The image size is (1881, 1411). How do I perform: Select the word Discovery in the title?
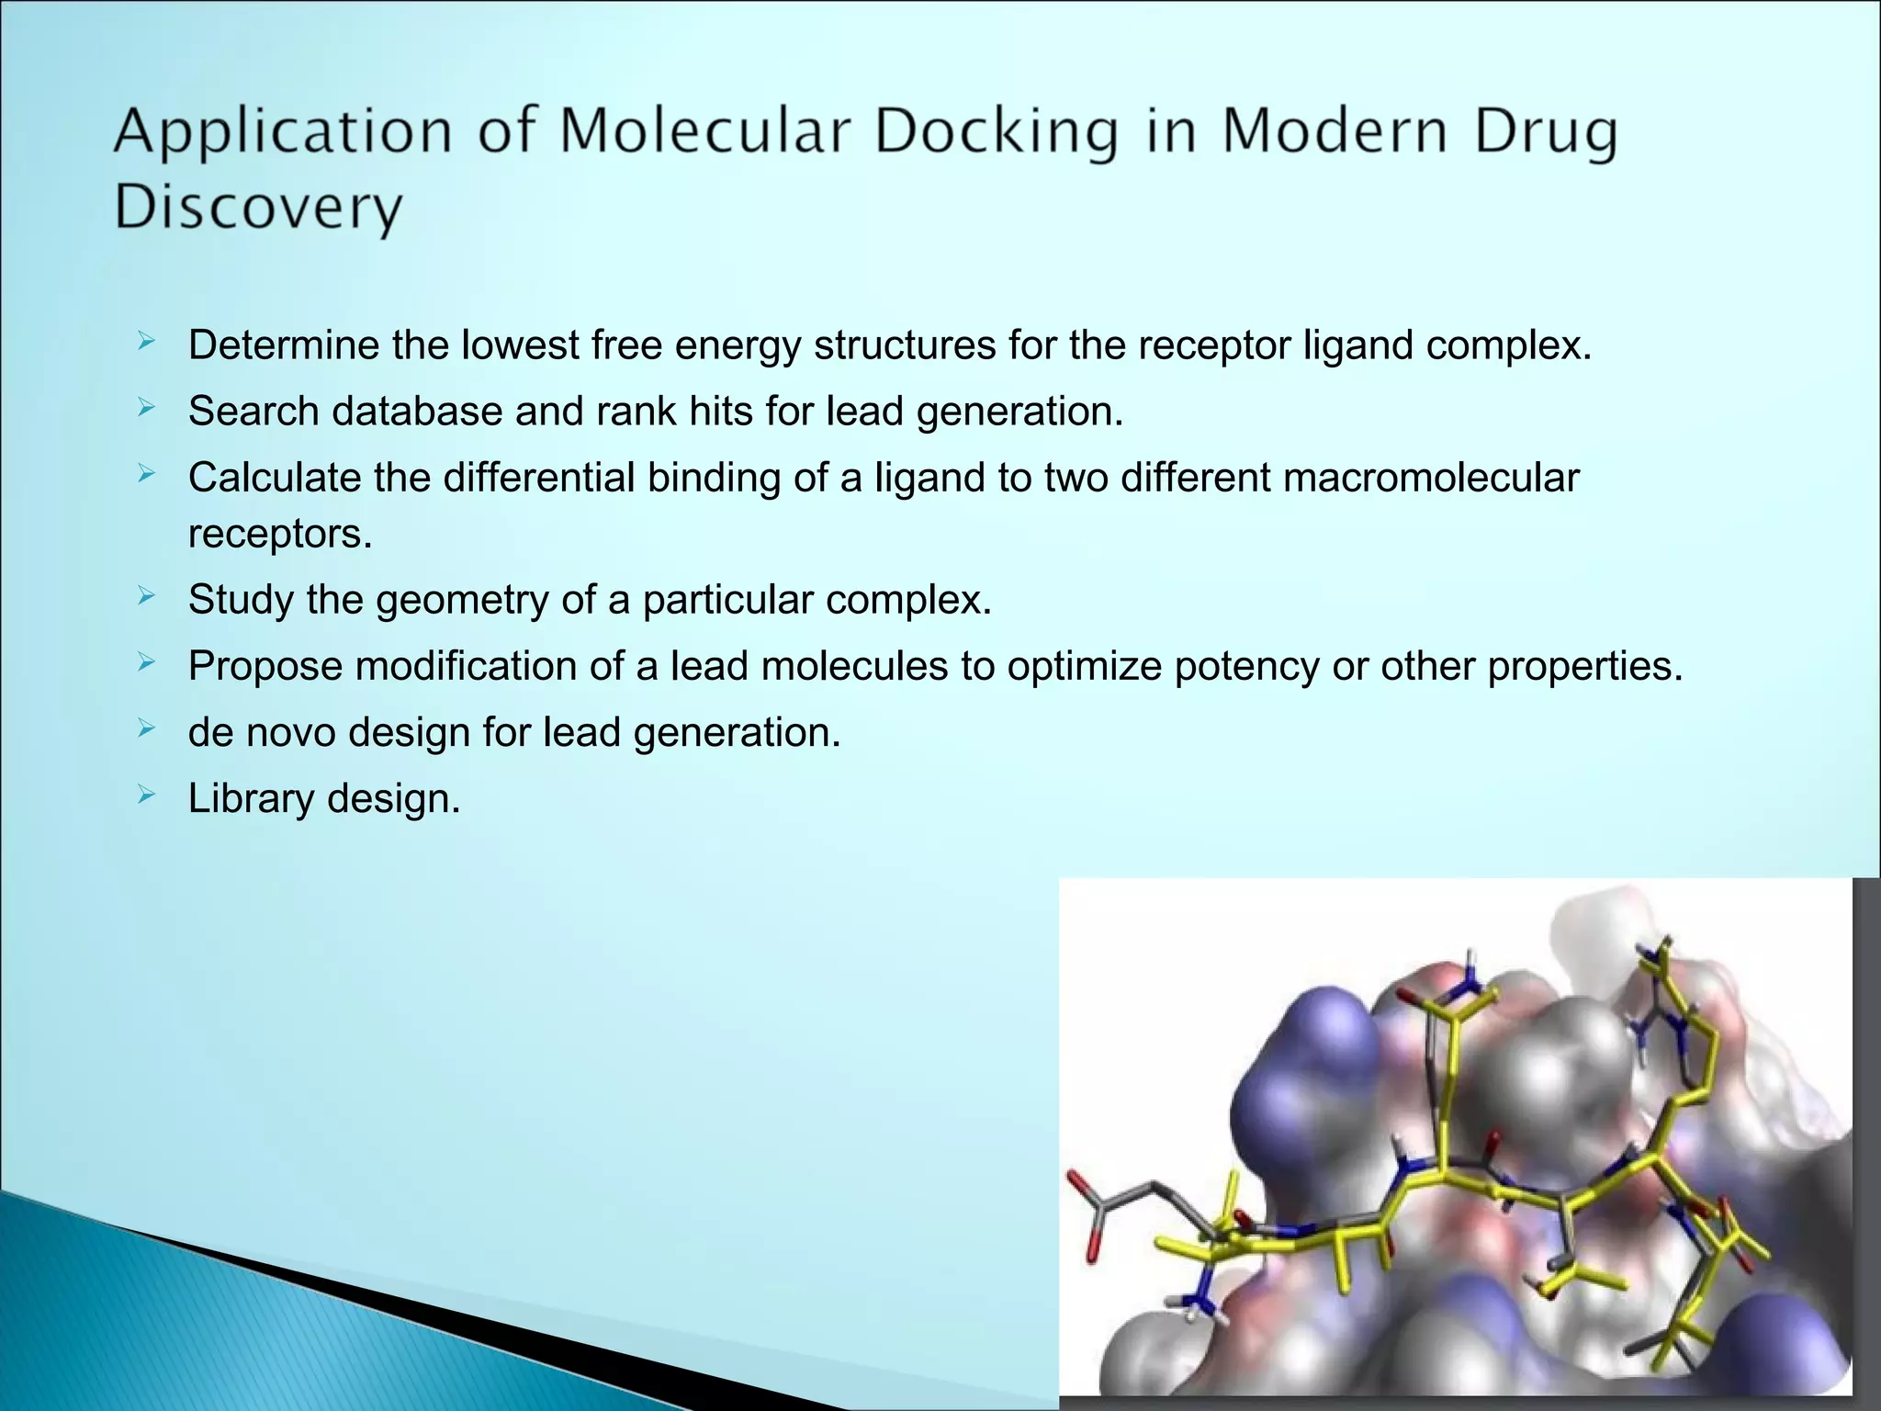(x=258, y=209)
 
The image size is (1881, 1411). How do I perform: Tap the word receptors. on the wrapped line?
(x=280, y=534)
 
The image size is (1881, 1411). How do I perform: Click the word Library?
(x=251, y=799)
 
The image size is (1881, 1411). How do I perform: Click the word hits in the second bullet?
(x=721, y=411)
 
